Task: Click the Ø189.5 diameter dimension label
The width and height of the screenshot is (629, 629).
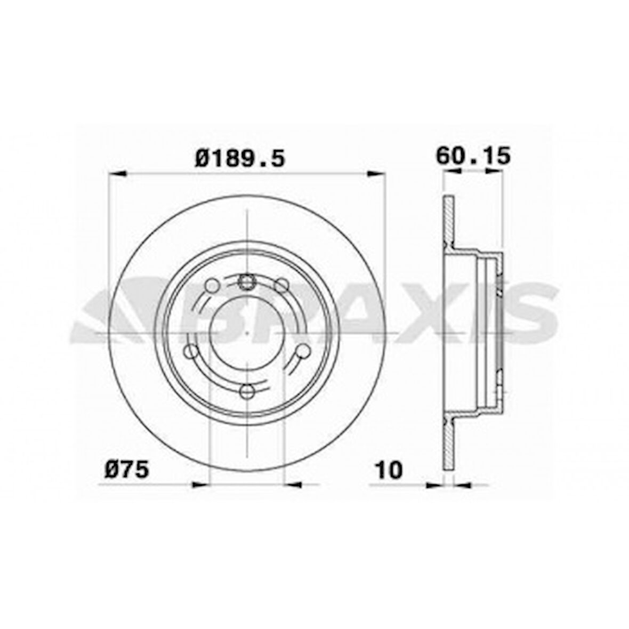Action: pos(240,158)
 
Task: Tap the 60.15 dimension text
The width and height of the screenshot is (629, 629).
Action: pos(473,156)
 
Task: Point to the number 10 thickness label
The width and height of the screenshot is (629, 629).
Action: pos(389,470)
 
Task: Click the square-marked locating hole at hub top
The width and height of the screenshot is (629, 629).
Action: pos(246,280)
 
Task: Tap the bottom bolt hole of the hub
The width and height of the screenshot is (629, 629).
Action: pos(246,393)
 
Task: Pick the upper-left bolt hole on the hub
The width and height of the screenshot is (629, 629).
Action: pos(212,286)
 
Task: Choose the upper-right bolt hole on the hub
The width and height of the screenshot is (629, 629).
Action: pos(281,286)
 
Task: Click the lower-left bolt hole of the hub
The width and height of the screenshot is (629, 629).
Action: pos(191,351)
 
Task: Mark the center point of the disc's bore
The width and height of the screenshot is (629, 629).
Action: pos(247,333)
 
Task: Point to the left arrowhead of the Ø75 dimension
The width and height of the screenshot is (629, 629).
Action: pos(199,485)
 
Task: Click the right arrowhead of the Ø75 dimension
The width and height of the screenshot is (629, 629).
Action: pos(294,485)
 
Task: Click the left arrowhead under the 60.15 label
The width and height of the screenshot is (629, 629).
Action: pos(452,171)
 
